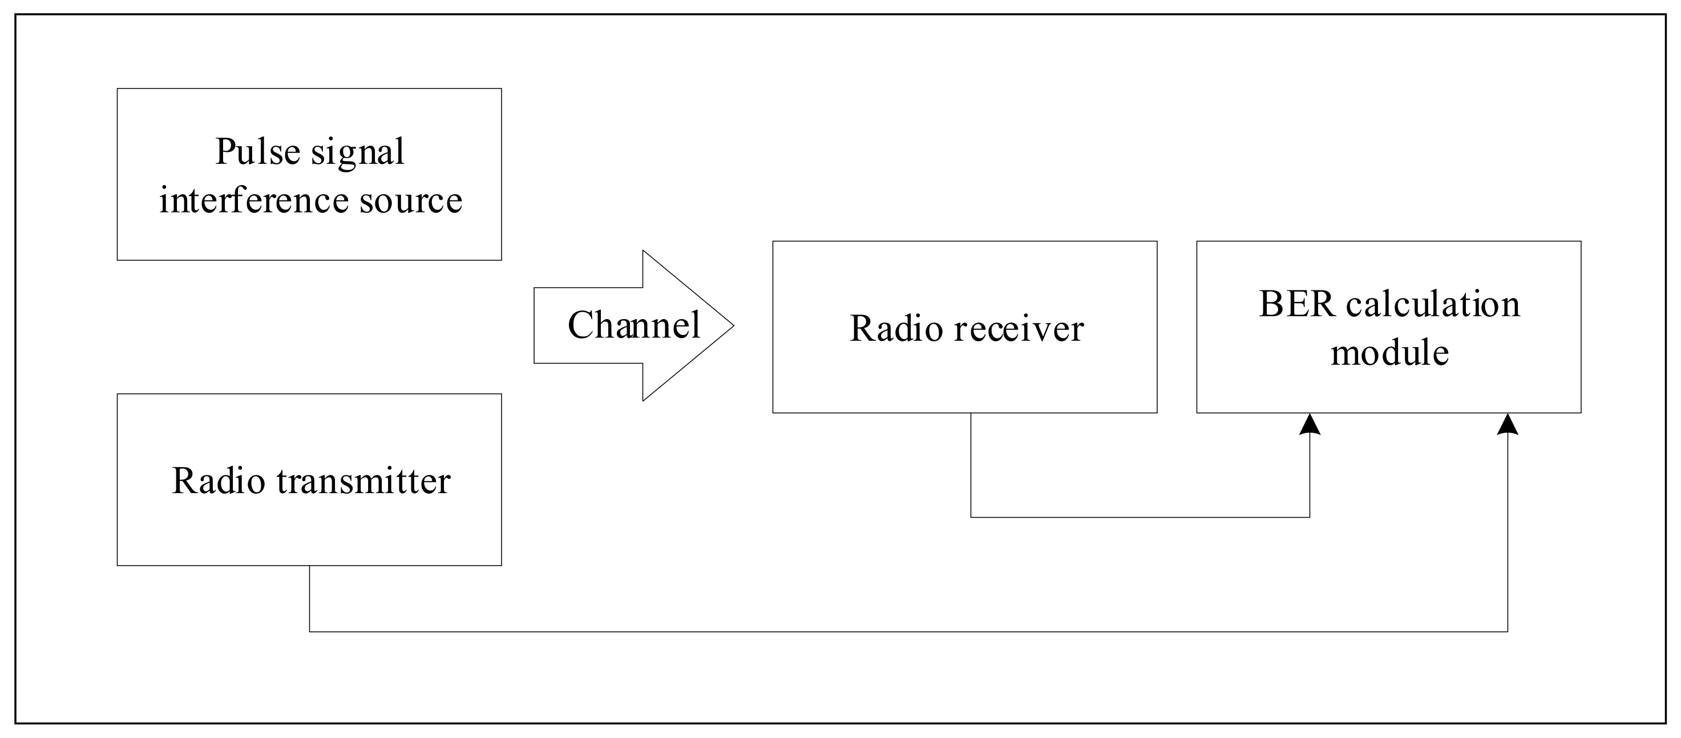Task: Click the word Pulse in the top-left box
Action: click(x=258, y=152)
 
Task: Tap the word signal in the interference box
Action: click(x=357, y=154)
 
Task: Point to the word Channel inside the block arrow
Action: click(x=633, y=325)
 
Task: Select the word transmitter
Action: click(x=363, y=481)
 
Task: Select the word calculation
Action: click(x=1433, y=304)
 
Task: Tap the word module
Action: click(x=1389, y=353)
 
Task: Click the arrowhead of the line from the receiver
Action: click(x=1310, y=424)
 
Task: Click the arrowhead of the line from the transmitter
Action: click(x=1508, y=424)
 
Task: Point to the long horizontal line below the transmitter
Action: click(x=907, y=632)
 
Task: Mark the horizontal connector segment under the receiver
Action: click(x=1140, y=518)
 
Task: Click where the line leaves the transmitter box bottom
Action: click(x=309, y=566)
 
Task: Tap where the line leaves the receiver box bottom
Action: click(x=971, y=414)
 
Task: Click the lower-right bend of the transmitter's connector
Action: click(x=1508, y=632)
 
